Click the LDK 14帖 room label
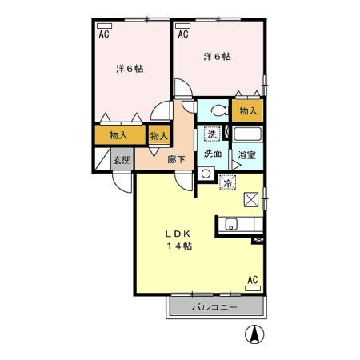click(179, 240)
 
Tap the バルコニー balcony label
click(214, 307)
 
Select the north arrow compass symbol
click(254, 334)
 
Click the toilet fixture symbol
click(219, 110)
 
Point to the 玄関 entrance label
click(122, 160)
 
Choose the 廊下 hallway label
click(176, 159)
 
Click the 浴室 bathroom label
click(247, 155)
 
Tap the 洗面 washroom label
click(213, 154)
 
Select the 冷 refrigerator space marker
click(227, 182)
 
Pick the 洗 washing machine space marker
click(212, 134)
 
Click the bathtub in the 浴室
click(247, 134)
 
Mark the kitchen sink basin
click(231, 224)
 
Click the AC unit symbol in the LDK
click(253, 288)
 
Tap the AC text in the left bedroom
click(104, 34)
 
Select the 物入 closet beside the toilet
click(247, 110)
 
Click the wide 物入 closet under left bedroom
click(120, 135)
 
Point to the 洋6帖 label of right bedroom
click(218, 57)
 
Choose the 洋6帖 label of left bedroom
click(130, 69)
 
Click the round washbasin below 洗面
click(206, 174)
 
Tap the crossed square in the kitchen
click(251, 199)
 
